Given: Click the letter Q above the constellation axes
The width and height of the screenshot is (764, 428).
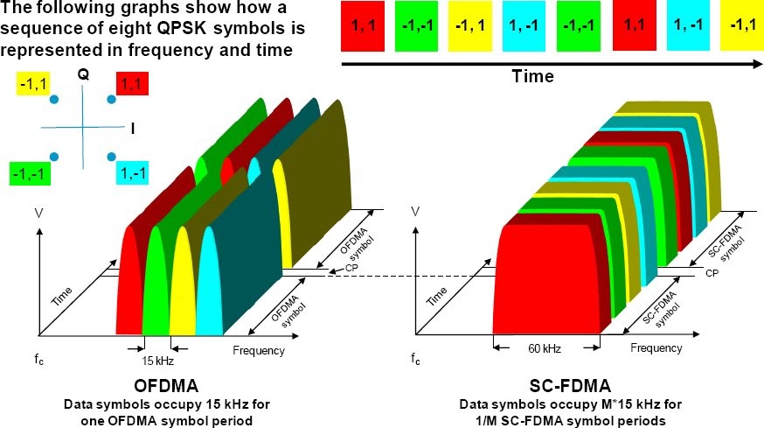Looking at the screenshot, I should [x=83, y=75].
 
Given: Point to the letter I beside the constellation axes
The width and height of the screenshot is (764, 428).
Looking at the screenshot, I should [x=132, y=129].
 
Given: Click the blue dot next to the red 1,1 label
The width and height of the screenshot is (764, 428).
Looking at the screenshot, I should [x=112, y=101].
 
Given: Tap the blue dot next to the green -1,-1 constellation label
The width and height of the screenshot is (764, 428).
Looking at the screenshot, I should [x=54, y=157].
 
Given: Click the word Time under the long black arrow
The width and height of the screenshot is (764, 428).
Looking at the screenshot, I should [x=532, y=76].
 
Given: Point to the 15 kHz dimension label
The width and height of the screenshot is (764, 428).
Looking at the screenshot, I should [x=157, y=360].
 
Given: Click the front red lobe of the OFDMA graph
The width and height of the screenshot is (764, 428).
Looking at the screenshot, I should [x=129, y=289].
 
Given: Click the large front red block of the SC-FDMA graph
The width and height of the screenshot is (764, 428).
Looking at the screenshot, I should [x=549, y=280].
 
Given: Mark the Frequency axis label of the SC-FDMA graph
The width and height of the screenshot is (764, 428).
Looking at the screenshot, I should [x=656, y=348].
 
